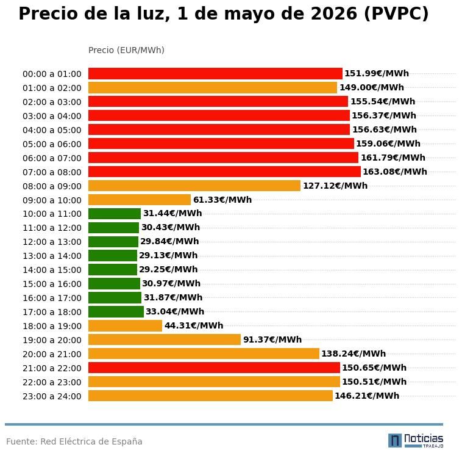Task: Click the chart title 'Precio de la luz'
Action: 223,14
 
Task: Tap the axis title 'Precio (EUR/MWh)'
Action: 126,50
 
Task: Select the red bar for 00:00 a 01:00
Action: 215,74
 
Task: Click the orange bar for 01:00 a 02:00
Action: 212,88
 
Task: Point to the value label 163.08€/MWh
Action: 394,172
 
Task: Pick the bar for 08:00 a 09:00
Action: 194,186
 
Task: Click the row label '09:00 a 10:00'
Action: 52,200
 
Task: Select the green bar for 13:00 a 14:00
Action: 113,256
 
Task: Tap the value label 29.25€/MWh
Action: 168,270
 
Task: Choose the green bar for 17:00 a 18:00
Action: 116,312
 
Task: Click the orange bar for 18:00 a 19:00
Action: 125,326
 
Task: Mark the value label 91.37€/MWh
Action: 272,340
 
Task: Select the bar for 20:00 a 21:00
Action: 204,354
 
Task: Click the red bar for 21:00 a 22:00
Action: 214,368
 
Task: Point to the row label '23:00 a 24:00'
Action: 52,396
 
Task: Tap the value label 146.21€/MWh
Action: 366,396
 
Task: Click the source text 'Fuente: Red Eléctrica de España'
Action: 74,441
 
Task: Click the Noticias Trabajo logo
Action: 416,440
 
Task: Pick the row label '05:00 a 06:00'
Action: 52,144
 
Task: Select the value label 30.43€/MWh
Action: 170,228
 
